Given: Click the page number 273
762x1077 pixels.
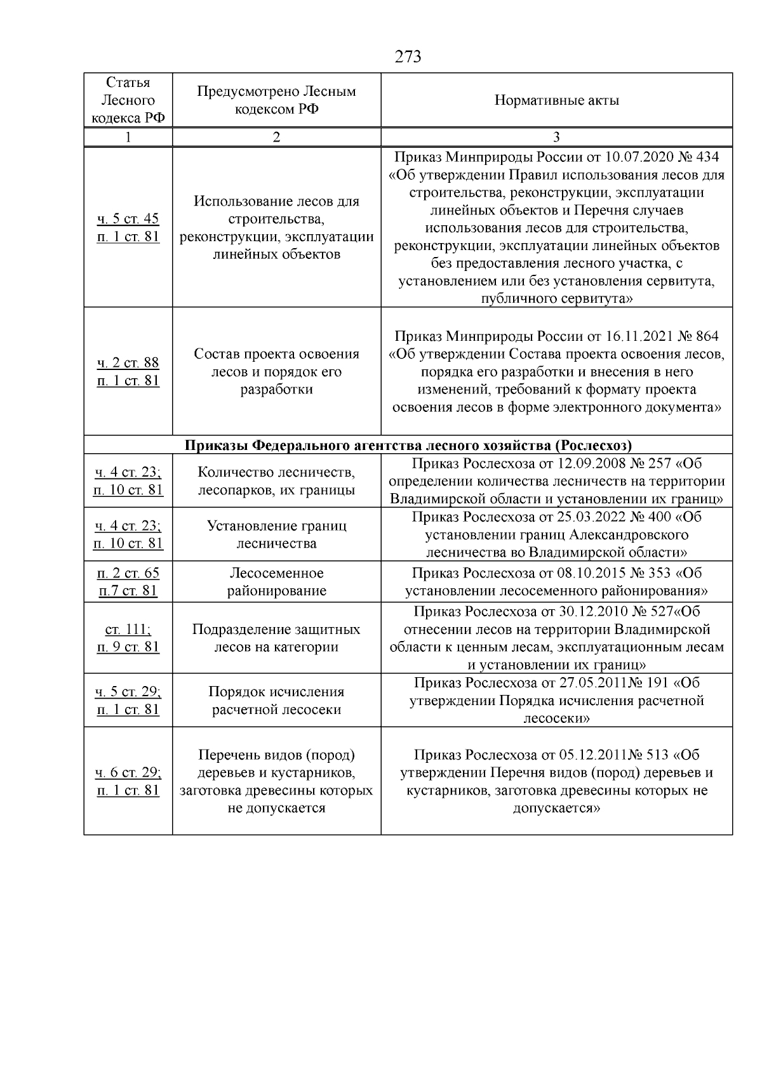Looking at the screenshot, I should click(x=408, y=57).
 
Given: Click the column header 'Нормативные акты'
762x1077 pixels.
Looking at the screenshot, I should click(x=556, y=100).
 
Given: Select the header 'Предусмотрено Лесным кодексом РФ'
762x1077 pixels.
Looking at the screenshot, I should click(x=276, y=100).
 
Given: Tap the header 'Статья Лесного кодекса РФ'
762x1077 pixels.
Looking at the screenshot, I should click(x=128, y=100).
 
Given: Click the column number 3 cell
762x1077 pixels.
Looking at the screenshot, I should click(x=556, y=138).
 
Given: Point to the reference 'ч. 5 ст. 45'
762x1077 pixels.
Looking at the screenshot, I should click(x=128, y=219).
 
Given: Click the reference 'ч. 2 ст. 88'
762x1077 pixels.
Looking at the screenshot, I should click(x=128, y=363).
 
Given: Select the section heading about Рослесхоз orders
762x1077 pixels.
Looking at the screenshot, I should click(x=408, y=445).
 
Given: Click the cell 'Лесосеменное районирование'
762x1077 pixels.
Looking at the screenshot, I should click(x=276, y=582).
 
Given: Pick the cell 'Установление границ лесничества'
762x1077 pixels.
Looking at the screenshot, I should click(x=276, y=534).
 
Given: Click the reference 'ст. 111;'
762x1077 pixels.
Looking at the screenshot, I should click(x=128, y=630).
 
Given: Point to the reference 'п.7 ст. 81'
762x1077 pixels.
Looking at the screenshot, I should click(x=128, y=591).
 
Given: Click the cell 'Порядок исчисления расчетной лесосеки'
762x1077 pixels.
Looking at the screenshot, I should click(x=276, y=701).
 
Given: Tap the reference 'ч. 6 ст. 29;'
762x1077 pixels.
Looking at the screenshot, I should click(x=128, y=773).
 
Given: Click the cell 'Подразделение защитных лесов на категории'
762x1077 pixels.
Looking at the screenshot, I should click(x=276, y=638).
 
